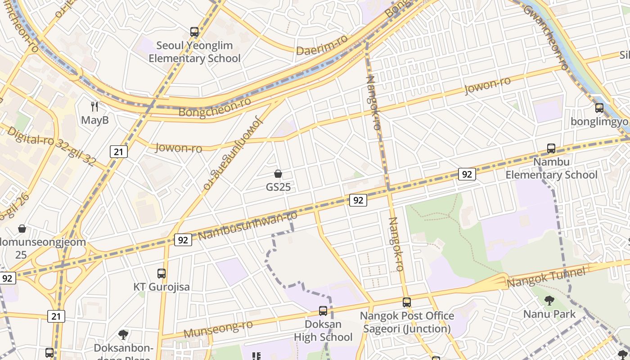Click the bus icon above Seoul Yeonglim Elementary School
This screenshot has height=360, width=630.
point(194,32)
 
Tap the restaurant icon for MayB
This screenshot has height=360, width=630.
point(94,107)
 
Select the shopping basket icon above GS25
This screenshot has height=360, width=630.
point(278,174)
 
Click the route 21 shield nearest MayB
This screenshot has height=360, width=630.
point(119,152)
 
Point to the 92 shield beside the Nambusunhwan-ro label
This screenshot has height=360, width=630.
point(183,240)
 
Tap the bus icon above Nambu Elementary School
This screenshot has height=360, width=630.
point(551,148)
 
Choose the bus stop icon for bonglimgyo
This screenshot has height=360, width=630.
point(599,108)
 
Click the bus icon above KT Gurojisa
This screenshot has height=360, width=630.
point(162,273)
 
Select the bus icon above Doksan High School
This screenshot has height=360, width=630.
point(323,310)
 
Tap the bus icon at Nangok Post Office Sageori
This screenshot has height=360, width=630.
point(407,302)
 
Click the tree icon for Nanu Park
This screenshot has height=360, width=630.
point(549,300)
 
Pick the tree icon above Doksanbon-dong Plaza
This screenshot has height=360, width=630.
point(123,334)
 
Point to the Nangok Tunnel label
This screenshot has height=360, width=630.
point(546,277)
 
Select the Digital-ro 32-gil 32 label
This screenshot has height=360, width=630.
point(51,145)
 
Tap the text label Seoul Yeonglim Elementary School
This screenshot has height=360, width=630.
point(194,52)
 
